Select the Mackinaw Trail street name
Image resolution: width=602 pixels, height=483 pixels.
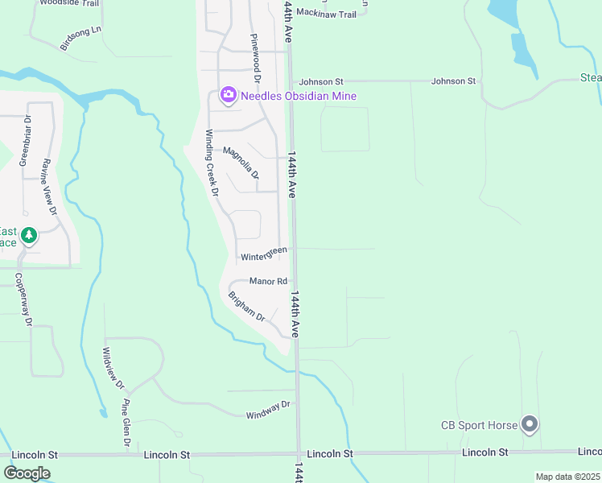[326, 14]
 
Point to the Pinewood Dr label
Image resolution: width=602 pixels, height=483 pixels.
[256, 59]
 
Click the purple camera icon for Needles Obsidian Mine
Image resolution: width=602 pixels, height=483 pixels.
[229, 96]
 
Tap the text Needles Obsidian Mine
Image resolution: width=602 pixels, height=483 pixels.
[299, 96]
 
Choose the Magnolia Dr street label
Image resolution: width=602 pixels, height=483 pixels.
[241, 163]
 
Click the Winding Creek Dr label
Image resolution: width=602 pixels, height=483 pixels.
[212, 163]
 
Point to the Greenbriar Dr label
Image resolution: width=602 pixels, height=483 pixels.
[26, 140]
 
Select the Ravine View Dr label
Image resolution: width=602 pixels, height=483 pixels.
[50, 186]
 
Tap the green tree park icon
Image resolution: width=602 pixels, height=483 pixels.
[30, 236]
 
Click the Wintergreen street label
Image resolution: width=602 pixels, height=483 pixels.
[264, 254]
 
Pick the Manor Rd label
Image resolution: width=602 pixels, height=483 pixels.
[268, 281]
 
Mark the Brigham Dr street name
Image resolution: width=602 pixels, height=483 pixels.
[246, 305]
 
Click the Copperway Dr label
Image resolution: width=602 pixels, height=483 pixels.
[23, 299]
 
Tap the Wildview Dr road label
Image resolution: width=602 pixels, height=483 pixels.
[113, 368]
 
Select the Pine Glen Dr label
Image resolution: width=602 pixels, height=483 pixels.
[126, 423]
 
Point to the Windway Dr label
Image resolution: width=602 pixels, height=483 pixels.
[268, 410]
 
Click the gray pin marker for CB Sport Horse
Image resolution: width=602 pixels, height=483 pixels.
[529, 423]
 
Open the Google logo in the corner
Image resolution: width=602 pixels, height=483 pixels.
[27, 473]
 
